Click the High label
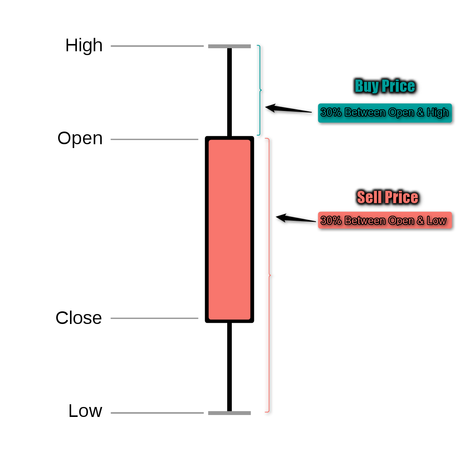click(x=84, y=46)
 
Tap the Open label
click(x=80, y=138)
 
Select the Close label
click(x=79, y=318)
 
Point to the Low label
click(x=85, y=411)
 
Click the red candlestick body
click(x=229, y=229)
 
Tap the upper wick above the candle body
click(x=229, y=92)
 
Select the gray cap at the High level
click(x=229, y=46)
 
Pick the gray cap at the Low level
click(x=229, y=413)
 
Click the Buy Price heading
click(x=385, y=86)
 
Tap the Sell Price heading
click(x=387, y=197)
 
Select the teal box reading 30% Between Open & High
click(x=385, y=113)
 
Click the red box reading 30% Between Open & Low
click(x=385, y=220)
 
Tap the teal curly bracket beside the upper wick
click(x=260, y=90)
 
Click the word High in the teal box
click(x=438, y=113)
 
